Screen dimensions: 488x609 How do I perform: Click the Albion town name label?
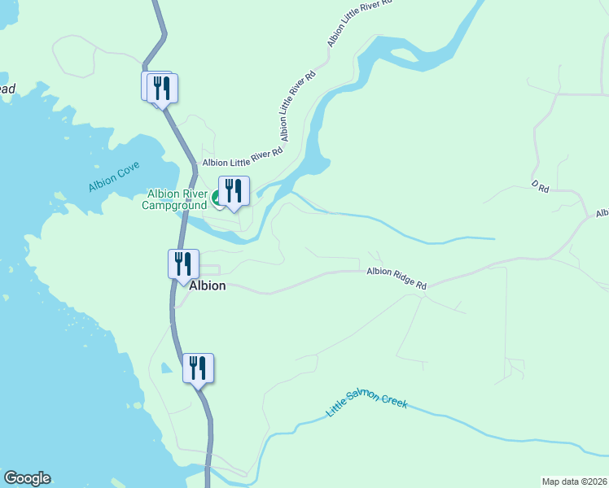pyautogui.click(x=207, y=286)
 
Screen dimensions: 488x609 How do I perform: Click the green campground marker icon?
pyautogui.click(x=217, y=198)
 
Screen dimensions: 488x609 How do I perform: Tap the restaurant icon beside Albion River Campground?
pyautogui.click(x=234, y=190)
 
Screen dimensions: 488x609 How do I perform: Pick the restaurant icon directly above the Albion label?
pyautogui.click(x=183, y=264)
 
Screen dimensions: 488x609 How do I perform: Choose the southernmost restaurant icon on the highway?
pyautogui.click(x=198, y=368)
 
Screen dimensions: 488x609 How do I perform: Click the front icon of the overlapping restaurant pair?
pyautogui.click(x=163, y=88)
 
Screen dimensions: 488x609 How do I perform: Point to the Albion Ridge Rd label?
pyautogui.click(x=397, y=279)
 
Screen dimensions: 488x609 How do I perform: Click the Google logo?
pyautogui.click(x=27, y=478)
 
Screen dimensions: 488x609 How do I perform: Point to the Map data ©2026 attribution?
pyautogui.click(x=575, y=481)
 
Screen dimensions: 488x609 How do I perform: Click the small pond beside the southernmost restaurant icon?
pyautogui.click(x=166, y=368)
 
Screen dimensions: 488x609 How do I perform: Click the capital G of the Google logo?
pyautogui.click(x=11, y=478)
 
